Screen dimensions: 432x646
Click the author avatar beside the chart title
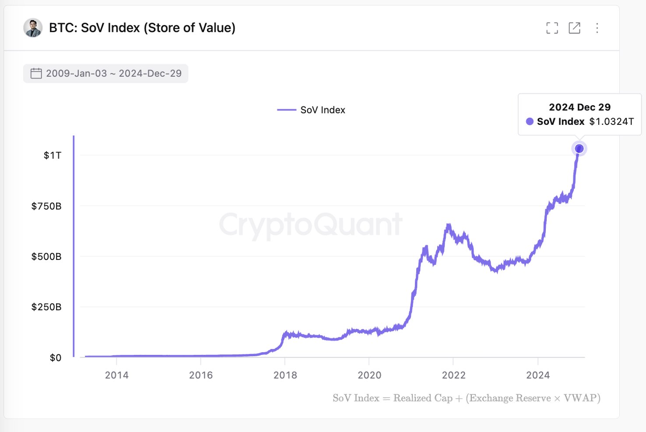click(33, 28)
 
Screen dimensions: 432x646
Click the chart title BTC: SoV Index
click(142, 28)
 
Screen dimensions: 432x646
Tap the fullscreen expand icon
click(552, 28)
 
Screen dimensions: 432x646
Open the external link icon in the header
click(574, 28)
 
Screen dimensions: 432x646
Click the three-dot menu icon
click(597, 28)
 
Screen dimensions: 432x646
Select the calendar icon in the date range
click(36, 73)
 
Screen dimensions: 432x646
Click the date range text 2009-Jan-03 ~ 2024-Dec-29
click(114, 73)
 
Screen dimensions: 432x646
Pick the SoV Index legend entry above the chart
click(312, 110)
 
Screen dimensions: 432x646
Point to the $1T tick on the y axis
click(53, 156)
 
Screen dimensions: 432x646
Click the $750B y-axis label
click(46, 206)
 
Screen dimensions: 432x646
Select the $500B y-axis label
click(46, 257)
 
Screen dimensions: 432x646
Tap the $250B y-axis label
click(46, 307)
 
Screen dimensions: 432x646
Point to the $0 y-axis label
click(56, 358)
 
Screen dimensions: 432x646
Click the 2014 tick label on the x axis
click(117, 375)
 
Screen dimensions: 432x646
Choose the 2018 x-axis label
click(285, 375)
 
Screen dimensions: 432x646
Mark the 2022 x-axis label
click(454, 375)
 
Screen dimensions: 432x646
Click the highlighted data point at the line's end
click(579, 149)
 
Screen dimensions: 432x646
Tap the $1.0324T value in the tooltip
click(611, 122)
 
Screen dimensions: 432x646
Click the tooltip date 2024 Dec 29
click(579, 107)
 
